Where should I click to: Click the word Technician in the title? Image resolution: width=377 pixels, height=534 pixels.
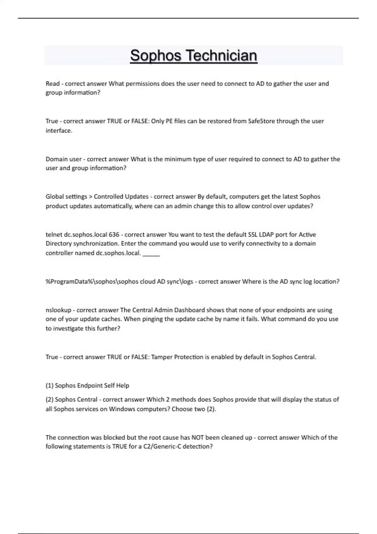[x=221, y=56]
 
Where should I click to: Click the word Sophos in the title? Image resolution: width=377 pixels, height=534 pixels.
[x=156, y=56]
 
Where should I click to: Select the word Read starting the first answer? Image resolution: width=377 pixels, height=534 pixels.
[x=52, y=84]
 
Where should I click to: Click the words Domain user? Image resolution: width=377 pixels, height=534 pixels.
[x=63, y=159]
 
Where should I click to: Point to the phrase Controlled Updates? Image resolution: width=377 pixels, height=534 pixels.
[x=121, y=197]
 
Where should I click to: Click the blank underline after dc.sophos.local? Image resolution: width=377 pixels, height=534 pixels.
[x=151, y=254]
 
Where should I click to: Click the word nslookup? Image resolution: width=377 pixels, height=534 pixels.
[x=58, y=310]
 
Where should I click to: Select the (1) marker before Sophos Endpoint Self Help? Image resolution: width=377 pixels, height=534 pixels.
[x=50, y=385]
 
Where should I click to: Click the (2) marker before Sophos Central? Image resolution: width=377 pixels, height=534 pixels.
[x=50, y=400]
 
